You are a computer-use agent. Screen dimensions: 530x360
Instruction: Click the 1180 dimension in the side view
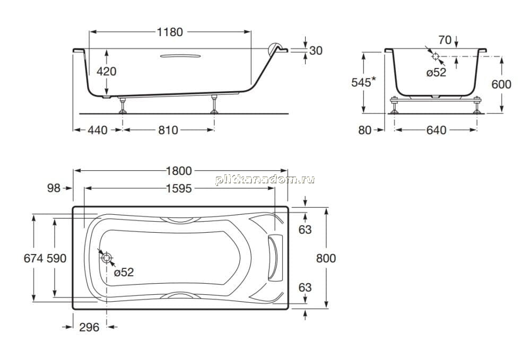(170, 32)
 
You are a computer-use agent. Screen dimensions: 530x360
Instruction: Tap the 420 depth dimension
(107, 71)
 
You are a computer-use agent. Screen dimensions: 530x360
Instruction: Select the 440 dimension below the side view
(98, 130)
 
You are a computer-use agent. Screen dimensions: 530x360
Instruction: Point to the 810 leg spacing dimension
(168, 130)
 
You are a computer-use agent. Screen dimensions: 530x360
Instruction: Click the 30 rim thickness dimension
(316, 51)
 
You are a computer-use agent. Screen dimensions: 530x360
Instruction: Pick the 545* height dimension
(363, 82)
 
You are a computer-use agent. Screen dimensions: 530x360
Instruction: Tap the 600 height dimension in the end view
(501, 84)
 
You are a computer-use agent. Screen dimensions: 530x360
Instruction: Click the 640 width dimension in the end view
(436, 130)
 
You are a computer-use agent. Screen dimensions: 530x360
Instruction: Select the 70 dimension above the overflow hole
(445, 40)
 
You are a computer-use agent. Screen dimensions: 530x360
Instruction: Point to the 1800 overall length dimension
(179, 171)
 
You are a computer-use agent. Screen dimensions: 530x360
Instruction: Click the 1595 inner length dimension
(179, 188)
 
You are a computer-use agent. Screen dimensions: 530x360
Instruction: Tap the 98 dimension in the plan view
(54, 188)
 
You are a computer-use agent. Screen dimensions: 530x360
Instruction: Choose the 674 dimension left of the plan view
(33, 258)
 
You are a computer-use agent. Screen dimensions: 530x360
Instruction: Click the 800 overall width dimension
(326, 258)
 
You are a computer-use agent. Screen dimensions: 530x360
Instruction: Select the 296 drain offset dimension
(89, 327)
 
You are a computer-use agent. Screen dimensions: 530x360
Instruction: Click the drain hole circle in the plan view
(107, 258)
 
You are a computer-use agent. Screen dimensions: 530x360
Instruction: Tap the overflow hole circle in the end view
(436, 56)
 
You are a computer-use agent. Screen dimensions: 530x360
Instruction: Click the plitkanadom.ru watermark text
(265, 180)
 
